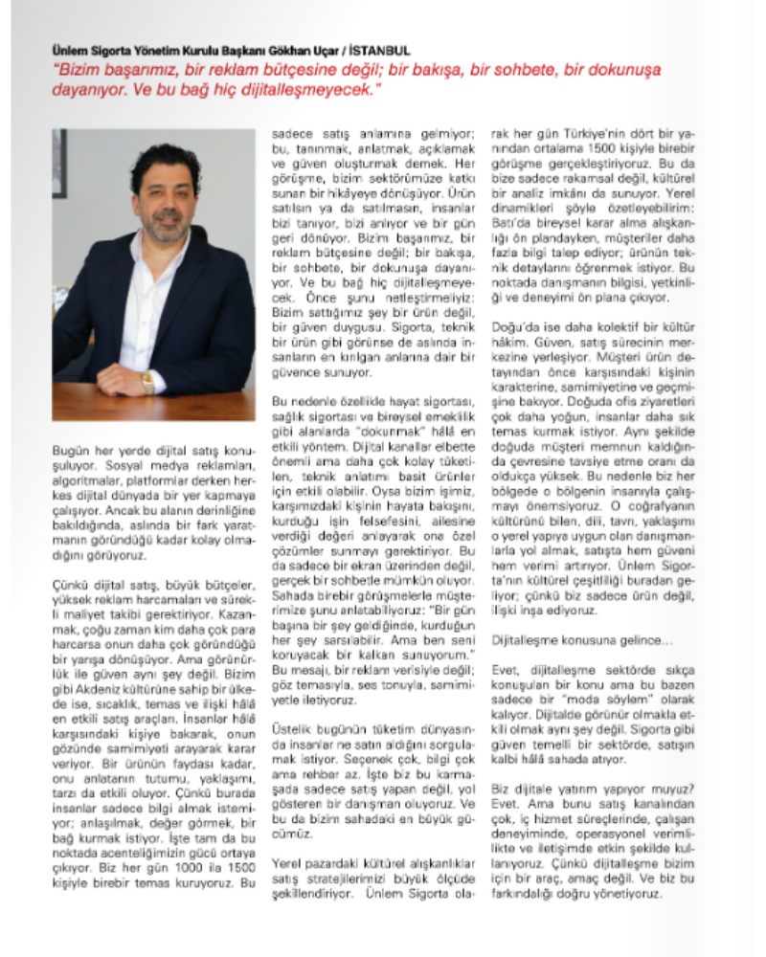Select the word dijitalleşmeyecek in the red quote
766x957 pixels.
296,89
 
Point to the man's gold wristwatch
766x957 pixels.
148,382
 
